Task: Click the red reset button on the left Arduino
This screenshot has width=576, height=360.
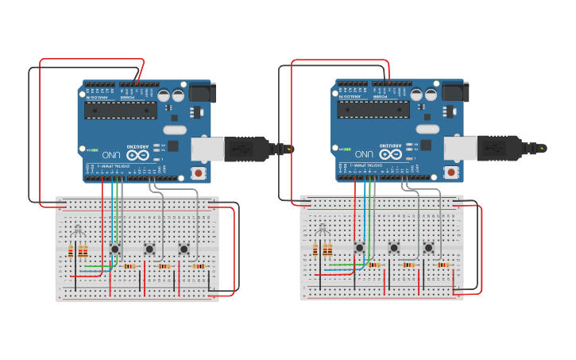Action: pos(197,172)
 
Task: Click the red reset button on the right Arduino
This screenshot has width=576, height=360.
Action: pos(451,172)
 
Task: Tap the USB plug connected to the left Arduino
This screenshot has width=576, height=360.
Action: pos(246,149)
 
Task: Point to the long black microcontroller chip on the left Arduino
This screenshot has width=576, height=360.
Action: pos(122,110)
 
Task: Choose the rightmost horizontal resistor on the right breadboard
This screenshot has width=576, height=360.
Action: pos(442,265)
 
